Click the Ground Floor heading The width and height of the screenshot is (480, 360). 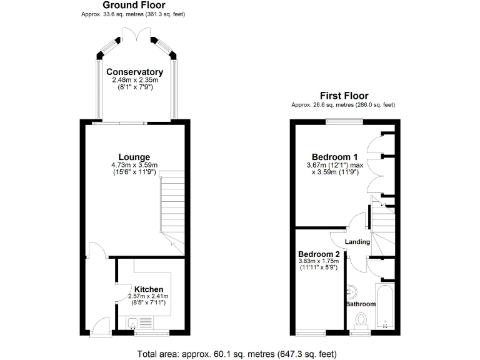[134, 5]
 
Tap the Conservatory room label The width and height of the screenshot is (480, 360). [134, 72]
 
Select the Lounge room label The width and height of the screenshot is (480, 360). [134, 156]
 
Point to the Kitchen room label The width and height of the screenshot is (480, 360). [149, 289]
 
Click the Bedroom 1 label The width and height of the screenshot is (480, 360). [334, 156]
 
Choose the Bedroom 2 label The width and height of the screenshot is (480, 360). [319, 254]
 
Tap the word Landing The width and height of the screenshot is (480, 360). [358, 242]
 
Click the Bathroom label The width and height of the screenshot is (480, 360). [361, 304]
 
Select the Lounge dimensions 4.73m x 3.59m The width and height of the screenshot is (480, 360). [134, 165]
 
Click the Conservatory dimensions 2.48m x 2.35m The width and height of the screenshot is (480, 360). [134, 80]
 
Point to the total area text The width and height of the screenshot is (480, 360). [240, 353]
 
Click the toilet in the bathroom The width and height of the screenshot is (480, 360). [361, 321]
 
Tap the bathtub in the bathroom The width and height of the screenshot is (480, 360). [383, 306]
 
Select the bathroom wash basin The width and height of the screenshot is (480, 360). [352, 291]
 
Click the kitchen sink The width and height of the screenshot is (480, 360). [133, 323]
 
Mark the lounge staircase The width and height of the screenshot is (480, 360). [172, 206]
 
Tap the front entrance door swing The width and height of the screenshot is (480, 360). [97, 326]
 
